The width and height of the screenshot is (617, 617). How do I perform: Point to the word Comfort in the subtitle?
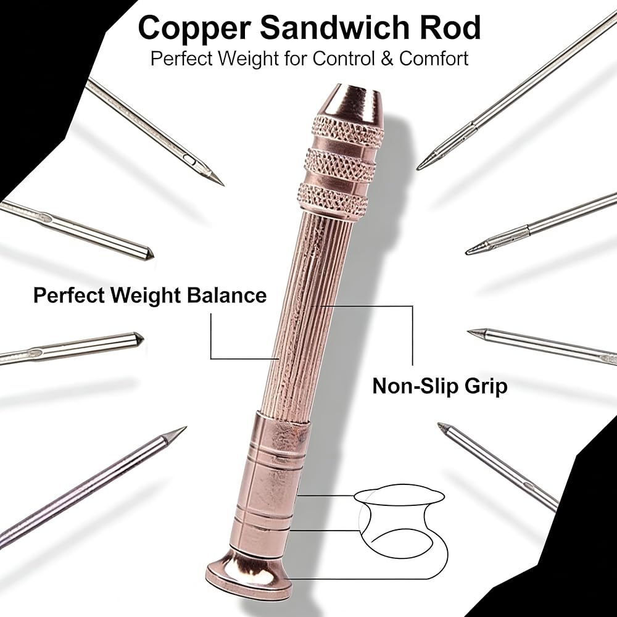(434, 59)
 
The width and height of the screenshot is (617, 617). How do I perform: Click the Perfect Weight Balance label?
(150, 296)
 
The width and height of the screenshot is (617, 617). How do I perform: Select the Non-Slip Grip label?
(439, 386)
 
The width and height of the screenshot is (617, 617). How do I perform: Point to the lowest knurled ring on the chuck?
(333, 198)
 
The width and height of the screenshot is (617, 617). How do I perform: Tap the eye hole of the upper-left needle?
(191, 160)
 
